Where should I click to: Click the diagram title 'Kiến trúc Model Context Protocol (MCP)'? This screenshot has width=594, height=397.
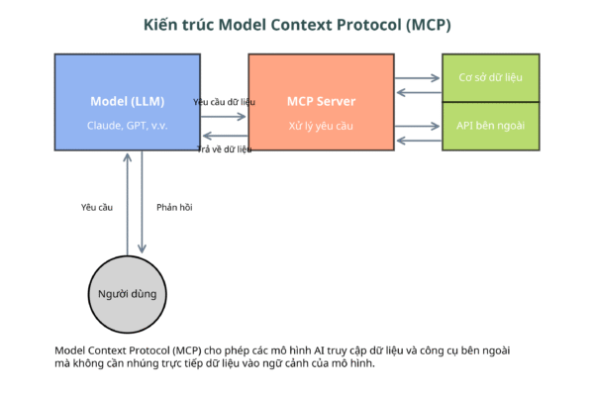pyautogui.click(x=297, y=25)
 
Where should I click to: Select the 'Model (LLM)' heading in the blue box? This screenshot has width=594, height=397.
pyautogui.click(x=128, y=102)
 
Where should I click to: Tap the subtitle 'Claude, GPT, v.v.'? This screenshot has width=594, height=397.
pyautogui.click(x=128, y=126)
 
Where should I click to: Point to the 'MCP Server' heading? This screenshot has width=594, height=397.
pyautogui.click(x=321, y=102)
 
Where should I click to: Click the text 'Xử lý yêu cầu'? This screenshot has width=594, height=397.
pyautogui.click(x=321, y=126)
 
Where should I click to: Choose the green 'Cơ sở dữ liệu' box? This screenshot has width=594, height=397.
pyautogui.click(x=491, y=78)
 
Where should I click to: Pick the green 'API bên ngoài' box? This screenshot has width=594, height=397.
pyautogui.click(x=491, y=127)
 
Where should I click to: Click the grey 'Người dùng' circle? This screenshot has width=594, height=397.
pyautogui.click(x=128, y=294)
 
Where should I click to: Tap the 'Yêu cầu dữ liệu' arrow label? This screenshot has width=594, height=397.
pyautogui.click(x=224, y=102)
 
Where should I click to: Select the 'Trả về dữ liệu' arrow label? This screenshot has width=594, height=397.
pyautogui.click(x=225, y=149)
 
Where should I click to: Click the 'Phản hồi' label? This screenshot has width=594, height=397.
pyautogui.click(x=174, y=207)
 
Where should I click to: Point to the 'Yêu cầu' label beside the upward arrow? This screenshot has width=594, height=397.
pyautogui.click(x=97, y=207)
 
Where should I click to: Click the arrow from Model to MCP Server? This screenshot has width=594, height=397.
pyautogui.click(x=224, y=116)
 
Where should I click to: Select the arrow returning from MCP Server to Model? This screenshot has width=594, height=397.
pyautogui.click(x=225, y=136)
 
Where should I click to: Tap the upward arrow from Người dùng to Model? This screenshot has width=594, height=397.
pyautogui.click(x=128, y=204)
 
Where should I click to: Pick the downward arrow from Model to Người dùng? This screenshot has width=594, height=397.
pyautogui.click(x=142, y=202)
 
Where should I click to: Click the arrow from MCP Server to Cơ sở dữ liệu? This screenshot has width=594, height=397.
pyautogui.click(x=417, y=78)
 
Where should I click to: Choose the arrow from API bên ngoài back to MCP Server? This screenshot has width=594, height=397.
pyautogui.click(x=419, y=141)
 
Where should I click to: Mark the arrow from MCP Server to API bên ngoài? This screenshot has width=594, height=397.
pyautogui.click(x=417, y=126)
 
